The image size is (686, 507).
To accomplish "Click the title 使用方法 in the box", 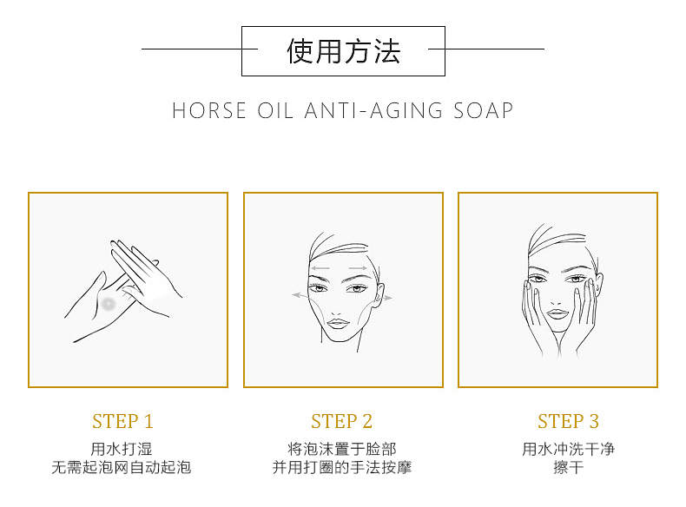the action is coord(344,51).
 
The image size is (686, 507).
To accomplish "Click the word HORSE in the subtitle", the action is coord(209,110).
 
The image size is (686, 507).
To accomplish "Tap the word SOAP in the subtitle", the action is coord(483,110).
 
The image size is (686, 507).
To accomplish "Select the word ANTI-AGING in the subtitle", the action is coord(373,110).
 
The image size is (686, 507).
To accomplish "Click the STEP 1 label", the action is coord(123,421).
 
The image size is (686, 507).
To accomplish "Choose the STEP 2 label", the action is coord(341,421).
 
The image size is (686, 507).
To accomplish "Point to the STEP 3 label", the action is coord(568,421).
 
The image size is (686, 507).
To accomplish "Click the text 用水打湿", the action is coord(122,449).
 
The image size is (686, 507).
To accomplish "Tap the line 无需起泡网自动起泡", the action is coord(122,467).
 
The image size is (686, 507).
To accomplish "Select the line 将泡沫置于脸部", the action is coord(342,449).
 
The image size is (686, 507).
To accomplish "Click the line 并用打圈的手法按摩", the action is coord(342,467).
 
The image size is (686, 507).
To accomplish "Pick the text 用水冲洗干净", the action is coord(568,449).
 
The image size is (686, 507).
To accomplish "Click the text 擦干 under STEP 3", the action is coord(568,467).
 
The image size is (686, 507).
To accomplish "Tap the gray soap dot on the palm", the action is coord(108,303).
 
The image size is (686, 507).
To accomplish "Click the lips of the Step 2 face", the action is coord(338,324).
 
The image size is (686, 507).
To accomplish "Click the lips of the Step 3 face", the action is coord(557,313).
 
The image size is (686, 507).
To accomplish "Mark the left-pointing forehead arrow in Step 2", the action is coord(320,267).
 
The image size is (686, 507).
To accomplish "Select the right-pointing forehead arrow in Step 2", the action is coord(358,267).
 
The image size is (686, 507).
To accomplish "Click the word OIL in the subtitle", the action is coord(274,110).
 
